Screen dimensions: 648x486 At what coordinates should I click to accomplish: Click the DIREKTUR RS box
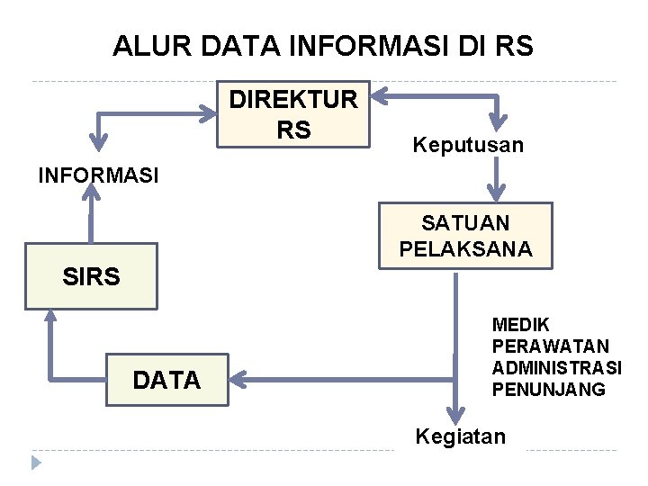click(293, 113)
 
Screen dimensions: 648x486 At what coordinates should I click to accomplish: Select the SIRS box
click(91, 276)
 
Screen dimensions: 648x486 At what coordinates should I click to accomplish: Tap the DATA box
click(167, 381)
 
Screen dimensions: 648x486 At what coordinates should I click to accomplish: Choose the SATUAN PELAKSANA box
click(465, 236)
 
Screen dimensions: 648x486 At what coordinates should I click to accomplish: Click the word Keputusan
click(467, 145)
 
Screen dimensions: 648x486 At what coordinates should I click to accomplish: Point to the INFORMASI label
click(98, 175)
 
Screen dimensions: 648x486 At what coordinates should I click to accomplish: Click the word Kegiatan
click(460, 437)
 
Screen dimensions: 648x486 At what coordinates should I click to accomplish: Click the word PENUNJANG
click(549, 390)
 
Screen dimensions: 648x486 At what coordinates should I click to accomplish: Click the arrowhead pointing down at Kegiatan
click(457, 414)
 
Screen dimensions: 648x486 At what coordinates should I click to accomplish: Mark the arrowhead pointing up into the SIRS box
click(49, 318)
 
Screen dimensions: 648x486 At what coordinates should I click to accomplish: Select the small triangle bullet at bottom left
click(36, 463)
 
